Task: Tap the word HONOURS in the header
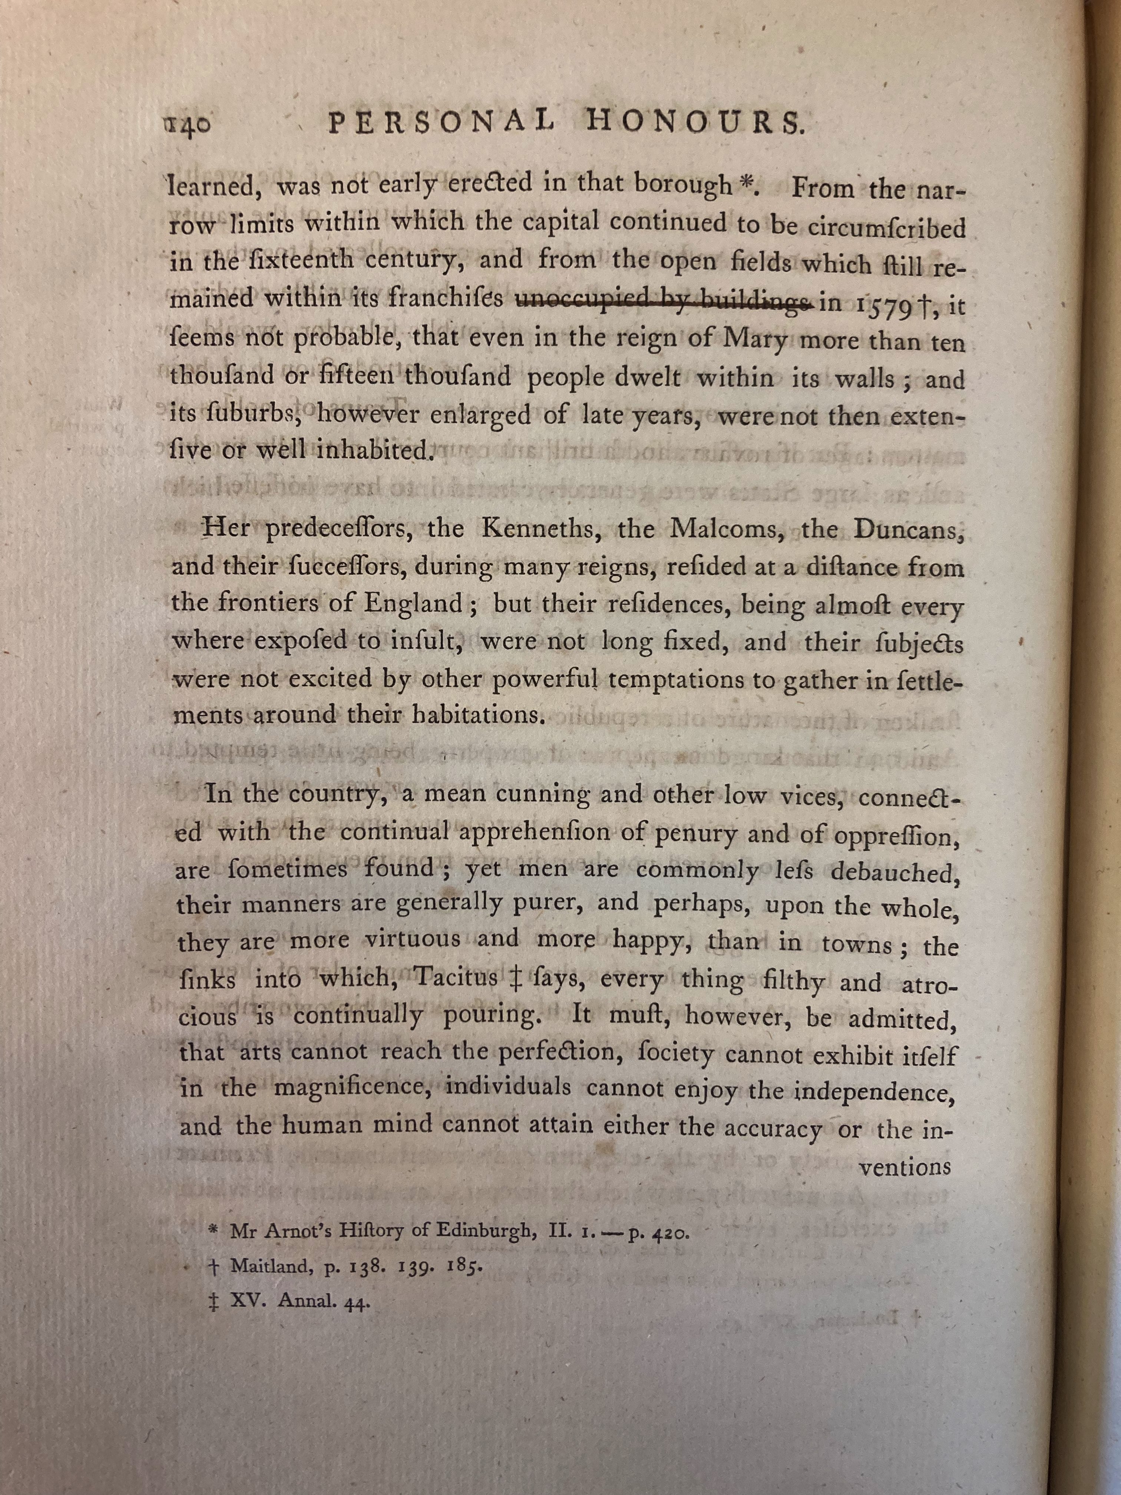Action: (692, 124)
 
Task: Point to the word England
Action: (414, 602)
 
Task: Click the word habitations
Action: (479, 715)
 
